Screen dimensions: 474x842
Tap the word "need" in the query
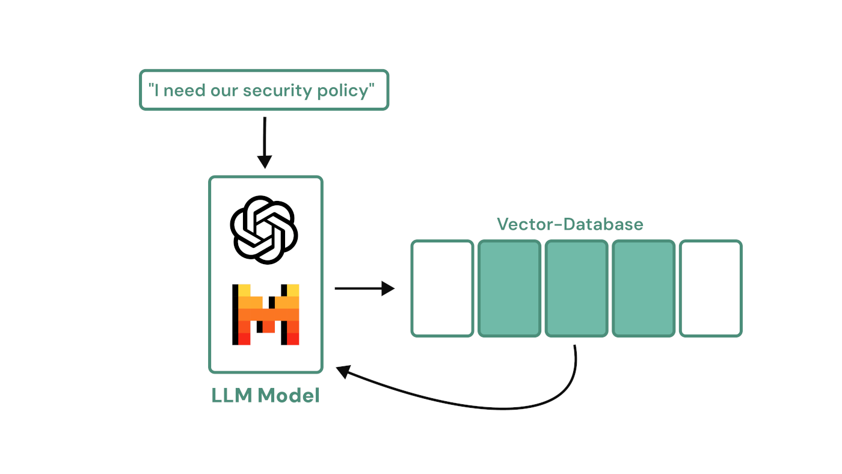click(183, 91)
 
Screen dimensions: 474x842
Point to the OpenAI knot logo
click(264, 229)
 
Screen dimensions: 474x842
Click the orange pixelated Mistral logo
click(265, 315)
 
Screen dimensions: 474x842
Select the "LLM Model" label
click(265, 395)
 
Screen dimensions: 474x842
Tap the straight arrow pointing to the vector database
click(364, 289)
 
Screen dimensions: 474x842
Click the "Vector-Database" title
click(570, 224)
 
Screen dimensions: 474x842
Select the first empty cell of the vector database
click(442, 288)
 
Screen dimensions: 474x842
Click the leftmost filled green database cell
click(509, 288)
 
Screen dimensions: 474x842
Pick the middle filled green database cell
click(576, 288)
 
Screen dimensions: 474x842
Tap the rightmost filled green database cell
click(644, 288)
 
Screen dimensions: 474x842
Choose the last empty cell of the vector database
click(711, 288)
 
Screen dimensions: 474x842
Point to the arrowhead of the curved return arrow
click(342, 371)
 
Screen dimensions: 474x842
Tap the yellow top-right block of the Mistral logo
click(293, 291)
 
